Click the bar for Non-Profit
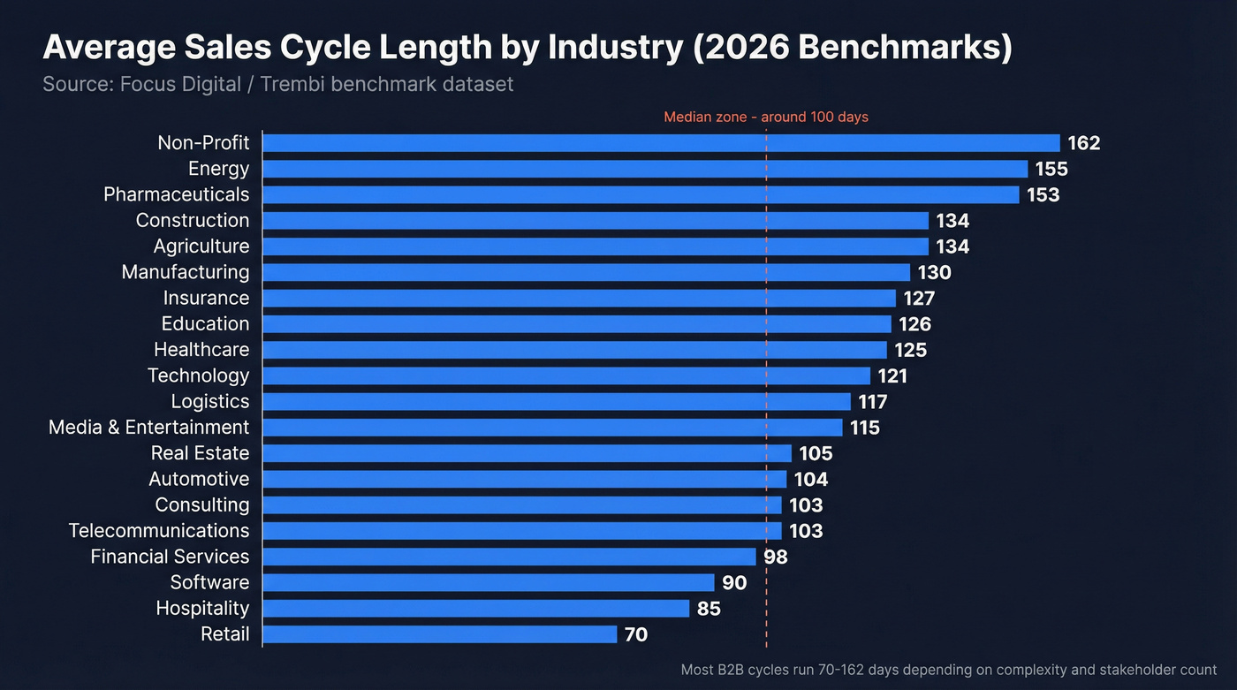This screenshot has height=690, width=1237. [x=661, y=143]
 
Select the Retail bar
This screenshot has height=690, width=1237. [x=440, y=634]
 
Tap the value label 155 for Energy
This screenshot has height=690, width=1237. [x=1051, y=169]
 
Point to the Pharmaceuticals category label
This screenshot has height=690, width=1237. [x=177, y=194]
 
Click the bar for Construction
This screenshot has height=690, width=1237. [x=596, y=221]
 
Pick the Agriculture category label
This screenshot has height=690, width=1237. [x=201, y=246]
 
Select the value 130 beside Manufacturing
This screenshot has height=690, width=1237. [x=934, y=272]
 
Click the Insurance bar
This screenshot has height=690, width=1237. [x=580, y=299]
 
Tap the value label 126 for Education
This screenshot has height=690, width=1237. [x=914, y=324]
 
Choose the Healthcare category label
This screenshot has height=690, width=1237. [x=201, y=350]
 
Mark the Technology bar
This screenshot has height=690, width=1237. [x=566, y=375]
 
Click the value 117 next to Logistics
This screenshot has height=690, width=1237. [x=872, y=402]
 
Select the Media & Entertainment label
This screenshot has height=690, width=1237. [x=148, y=428]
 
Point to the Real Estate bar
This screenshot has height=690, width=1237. [x=527, y=453]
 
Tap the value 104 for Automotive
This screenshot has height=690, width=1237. [x=811, y=480]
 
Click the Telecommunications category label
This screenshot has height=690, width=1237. [x=159, y=531]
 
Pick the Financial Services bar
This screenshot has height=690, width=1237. [x=510, y=557]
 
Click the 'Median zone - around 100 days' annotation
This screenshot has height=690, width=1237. [x=765, y=117]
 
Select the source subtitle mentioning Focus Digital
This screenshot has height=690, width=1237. [x=277, y=85]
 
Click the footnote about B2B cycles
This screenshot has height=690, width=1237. [x=948, y=671]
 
